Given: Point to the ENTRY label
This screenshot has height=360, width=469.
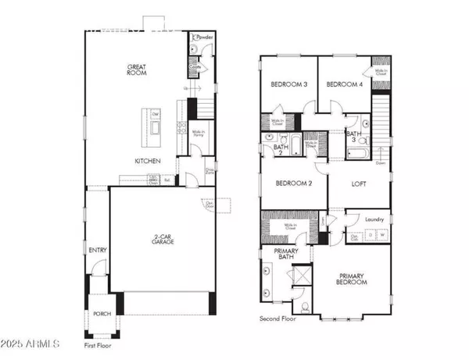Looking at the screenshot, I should (x=98, y=251).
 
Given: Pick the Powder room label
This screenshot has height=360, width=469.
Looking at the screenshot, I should (x=205, y=37).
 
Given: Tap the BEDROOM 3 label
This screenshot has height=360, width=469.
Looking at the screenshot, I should (x=288, y=84).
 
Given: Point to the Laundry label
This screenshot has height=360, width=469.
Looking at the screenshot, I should (x=373, y=219).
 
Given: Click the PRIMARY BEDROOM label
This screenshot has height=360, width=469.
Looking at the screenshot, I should (x=353, y=279).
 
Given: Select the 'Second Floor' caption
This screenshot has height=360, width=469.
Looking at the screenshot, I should (x=281, y=319).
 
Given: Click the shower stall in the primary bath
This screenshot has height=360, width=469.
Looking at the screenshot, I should (x=300, y=276).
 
